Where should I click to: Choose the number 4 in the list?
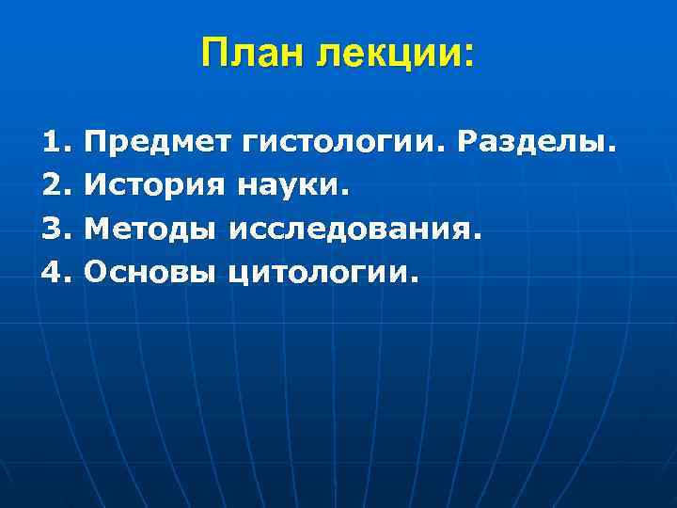tap(54, 274)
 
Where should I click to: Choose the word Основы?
tap(151, 274)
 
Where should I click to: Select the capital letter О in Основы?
tap(96, 274)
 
